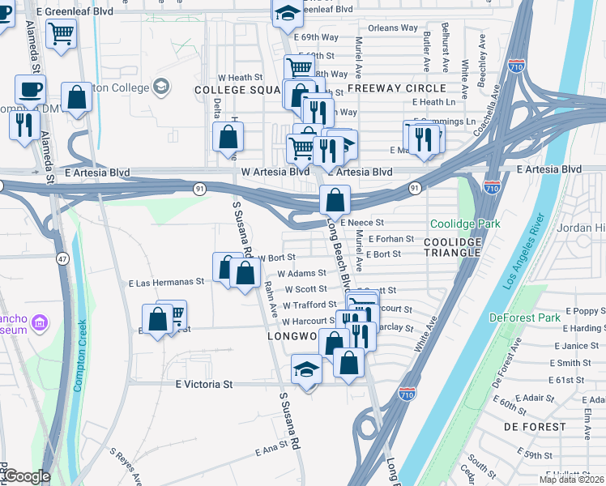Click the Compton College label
point(117,87)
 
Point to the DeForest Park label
point(525,318)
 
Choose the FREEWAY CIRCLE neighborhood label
point(396,88)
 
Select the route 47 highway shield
point(62,258)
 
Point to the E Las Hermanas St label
point(166,283)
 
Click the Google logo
point(26,477)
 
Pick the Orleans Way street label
point(393,28)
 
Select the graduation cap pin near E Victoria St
point(306,370)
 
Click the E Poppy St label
point(586,310)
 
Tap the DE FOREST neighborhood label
point(535,426)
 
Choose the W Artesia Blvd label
point(275,172)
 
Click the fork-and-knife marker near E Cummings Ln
point(421,138)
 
